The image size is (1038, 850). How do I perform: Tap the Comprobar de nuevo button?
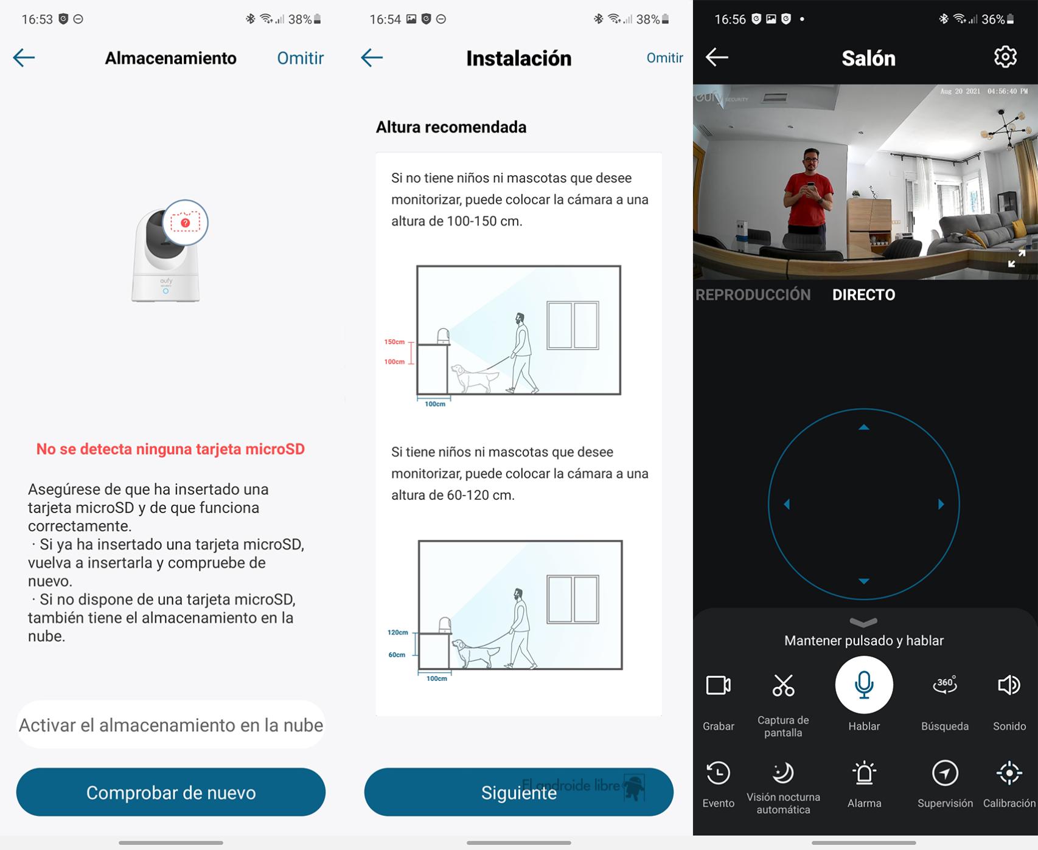[x=171, y=792]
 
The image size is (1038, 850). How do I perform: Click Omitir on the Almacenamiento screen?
[x=301, y=58]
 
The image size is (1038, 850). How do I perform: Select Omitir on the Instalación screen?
[x=664, y=58]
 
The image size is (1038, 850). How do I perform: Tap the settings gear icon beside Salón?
[x=1005, y=57]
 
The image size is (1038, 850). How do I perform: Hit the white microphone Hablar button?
[x=864, y=685]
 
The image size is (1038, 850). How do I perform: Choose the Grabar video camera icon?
[x=719, y=685]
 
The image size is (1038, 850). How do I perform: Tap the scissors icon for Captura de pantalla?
[x=783, y=685]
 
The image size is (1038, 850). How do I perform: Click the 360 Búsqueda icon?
[x=945, y=685]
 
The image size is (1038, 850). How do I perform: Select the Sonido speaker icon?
[x=1009, y=685]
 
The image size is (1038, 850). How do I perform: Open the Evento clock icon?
[x=719, y=773]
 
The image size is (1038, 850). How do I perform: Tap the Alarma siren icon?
[x=864, y=773]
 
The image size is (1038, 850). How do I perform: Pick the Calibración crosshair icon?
[x=1009, y=773]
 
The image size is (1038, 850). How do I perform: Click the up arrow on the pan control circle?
[x=864, y=427]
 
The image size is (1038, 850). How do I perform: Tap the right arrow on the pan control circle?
[x=941, y=504]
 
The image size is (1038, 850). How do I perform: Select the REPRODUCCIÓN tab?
[x=753, y=295]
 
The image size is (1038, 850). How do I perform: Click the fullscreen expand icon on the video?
[x=1017, y=258]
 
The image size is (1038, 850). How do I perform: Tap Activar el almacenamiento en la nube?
[x=171, y=725]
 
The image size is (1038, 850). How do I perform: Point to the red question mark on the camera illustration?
[x=186, y=223]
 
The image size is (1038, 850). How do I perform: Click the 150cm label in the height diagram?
[x=394, y=342]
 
